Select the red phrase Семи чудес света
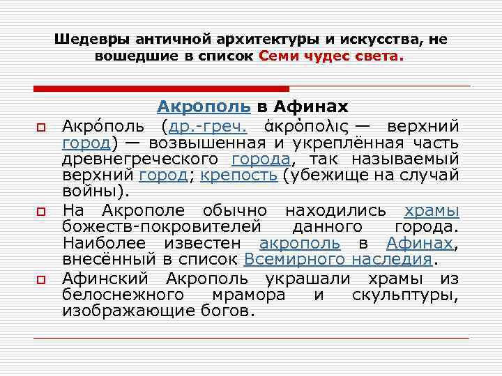click(x=330, y=56)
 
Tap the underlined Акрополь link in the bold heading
click(x=204, y=107)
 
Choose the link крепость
click(x=239, y=175)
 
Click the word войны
click(x=90, y=191)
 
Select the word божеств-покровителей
click(x=161, y=227)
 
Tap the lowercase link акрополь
click(x=300, y=244)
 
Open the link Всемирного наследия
click(x=338, y=260)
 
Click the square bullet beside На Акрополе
click(x=41, y=210)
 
